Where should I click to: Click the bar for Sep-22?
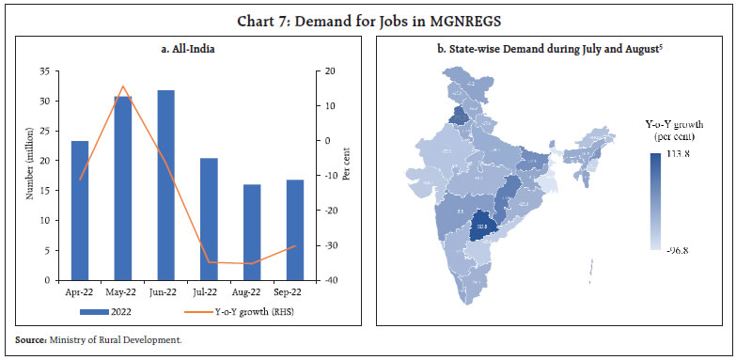295,230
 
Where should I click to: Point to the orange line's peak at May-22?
123,86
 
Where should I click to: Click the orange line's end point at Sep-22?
295,246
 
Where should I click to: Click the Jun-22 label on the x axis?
166,291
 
